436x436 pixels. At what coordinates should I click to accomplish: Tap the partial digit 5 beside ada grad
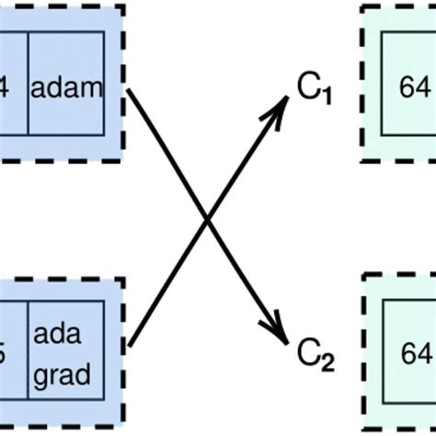[x=4, y=350]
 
